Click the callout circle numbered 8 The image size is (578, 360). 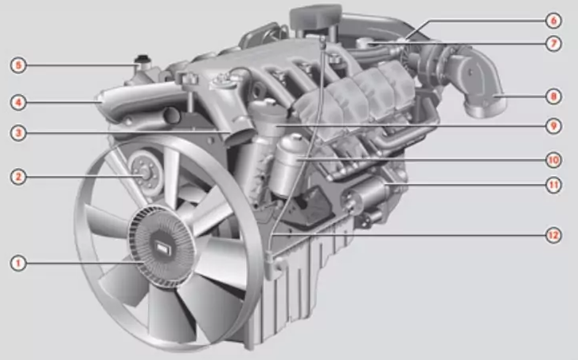(553, 97)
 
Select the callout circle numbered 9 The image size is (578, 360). (553, 126)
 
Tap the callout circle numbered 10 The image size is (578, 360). (553, 159)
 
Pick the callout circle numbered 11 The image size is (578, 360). (553, 185)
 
